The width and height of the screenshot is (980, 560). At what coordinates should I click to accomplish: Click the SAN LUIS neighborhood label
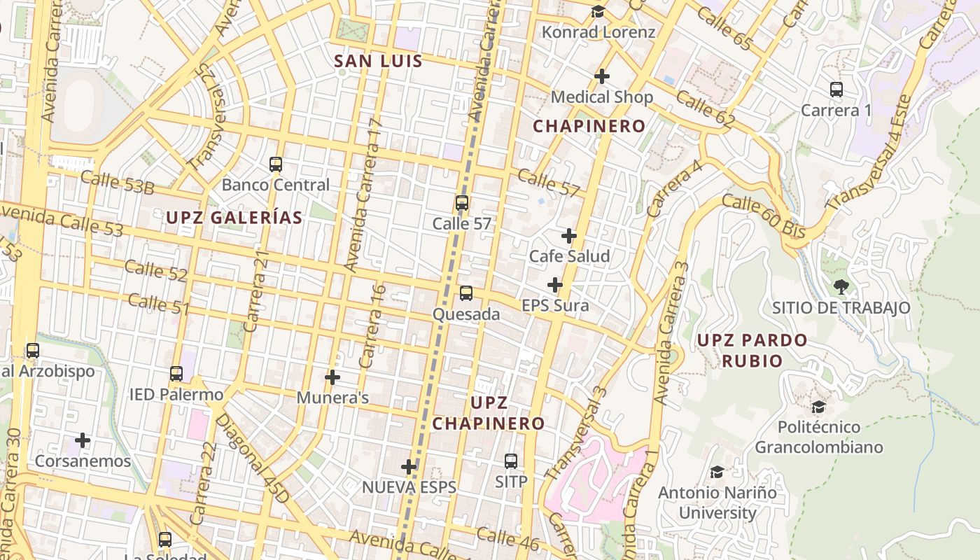379,62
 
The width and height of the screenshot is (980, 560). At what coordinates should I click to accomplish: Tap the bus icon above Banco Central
276,164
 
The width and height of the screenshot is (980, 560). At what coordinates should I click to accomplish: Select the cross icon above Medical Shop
602,76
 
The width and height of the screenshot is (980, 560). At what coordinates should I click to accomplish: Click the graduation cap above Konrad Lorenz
598,11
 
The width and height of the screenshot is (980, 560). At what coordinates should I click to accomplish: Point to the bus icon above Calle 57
462,203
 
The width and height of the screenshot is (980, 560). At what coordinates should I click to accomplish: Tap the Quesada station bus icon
466,293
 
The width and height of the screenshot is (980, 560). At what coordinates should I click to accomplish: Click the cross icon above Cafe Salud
569,236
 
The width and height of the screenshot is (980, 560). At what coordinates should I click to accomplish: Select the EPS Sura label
555,306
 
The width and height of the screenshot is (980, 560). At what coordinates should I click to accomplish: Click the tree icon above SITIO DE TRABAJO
841,286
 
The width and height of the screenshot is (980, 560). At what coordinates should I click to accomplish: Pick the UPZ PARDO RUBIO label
752,351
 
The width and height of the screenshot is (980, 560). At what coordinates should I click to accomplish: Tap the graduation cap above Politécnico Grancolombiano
818,407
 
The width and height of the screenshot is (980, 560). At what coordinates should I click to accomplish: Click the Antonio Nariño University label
717,503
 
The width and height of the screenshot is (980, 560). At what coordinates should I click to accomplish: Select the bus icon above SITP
511,461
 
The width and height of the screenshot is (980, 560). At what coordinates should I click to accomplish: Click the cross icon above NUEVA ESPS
409,467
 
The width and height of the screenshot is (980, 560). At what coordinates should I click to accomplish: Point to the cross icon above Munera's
332,377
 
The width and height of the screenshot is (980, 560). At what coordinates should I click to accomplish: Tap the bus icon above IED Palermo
176,374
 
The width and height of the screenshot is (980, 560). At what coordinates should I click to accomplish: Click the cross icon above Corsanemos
83,440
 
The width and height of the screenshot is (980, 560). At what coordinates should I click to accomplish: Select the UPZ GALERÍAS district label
234,218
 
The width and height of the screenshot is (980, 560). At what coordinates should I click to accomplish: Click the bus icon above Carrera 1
836,90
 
